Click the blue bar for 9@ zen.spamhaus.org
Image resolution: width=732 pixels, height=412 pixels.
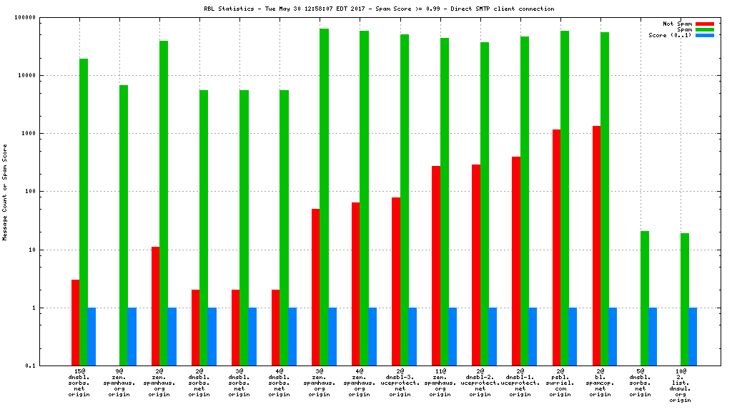pyautogui.click(x=132, y=336)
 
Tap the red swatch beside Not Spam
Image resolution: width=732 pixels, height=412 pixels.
pyautogui.click(x=704, y=24)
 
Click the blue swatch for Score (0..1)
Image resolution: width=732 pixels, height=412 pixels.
pyautogui.click(x=704, y=35)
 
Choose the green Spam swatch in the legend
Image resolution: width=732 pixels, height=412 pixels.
pyautogui.click(x=704, y=29)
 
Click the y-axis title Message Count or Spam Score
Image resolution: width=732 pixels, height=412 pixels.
pyautogui.click(x=6, y=192)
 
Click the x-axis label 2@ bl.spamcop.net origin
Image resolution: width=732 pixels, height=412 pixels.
pyautogui.click(x=600, y=383)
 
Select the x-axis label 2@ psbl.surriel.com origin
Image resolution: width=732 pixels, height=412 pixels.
pyautogui.click(x=560, y=383)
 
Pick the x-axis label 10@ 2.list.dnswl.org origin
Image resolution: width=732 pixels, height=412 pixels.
pyautogui.click(x=681, y=386)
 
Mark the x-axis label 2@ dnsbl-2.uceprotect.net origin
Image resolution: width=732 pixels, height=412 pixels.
pyautogui.click(x=480, y=383)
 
